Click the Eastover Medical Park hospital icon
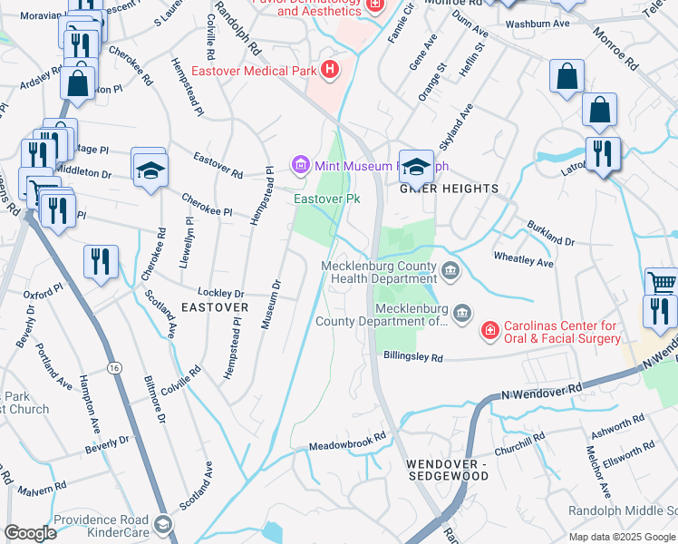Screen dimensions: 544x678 329,68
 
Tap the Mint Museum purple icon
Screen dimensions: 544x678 300,165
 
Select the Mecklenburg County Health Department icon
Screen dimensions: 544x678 450,271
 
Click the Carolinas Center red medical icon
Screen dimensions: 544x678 489,332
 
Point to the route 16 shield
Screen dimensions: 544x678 113,367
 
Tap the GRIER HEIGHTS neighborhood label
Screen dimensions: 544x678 450,189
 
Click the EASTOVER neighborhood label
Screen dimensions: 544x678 215,307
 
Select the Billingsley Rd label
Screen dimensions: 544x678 412,357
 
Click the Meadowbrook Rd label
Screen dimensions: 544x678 347,434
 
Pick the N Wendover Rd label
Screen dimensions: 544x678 542,391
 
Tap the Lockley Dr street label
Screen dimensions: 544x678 222,294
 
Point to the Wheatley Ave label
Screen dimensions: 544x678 523,260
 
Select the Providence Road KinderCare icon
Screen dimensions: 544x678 162,524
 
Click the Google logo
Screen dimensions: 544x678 30,533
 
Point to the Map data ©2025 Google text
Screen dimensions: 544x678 622,537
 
